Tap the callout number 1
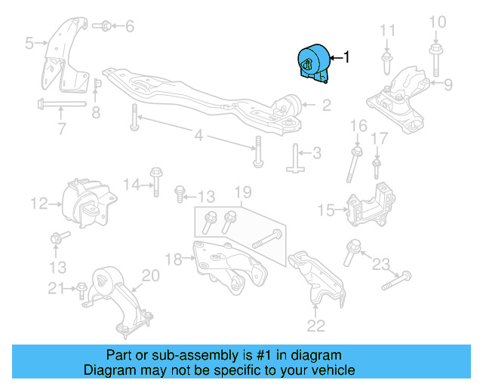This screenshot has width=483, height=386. tap(346, 57)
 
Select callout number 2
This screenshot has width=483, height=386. tap(326, 106)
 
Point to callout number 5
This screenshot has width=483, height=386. tap(29, 44)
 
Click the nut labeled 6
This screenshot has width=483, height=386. tap(105, 26)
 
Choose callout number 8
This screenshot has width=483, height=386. tap(96, 113)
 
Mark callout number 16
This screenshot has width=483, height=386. tap(358, 125)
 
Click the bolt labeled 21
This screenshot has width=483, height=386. tap(81, 287)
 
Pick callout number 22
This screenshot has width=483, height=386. tap(316, 326)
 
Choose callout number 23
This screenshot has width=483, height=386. tap(381, 264)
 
